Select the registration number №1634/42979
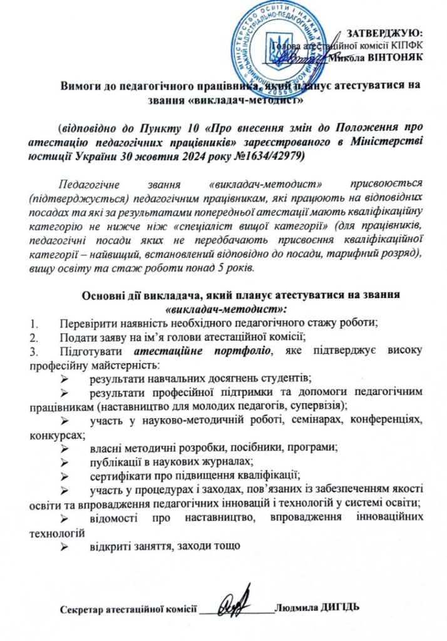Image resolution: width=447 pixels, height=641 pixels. [x=261, y=156]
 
